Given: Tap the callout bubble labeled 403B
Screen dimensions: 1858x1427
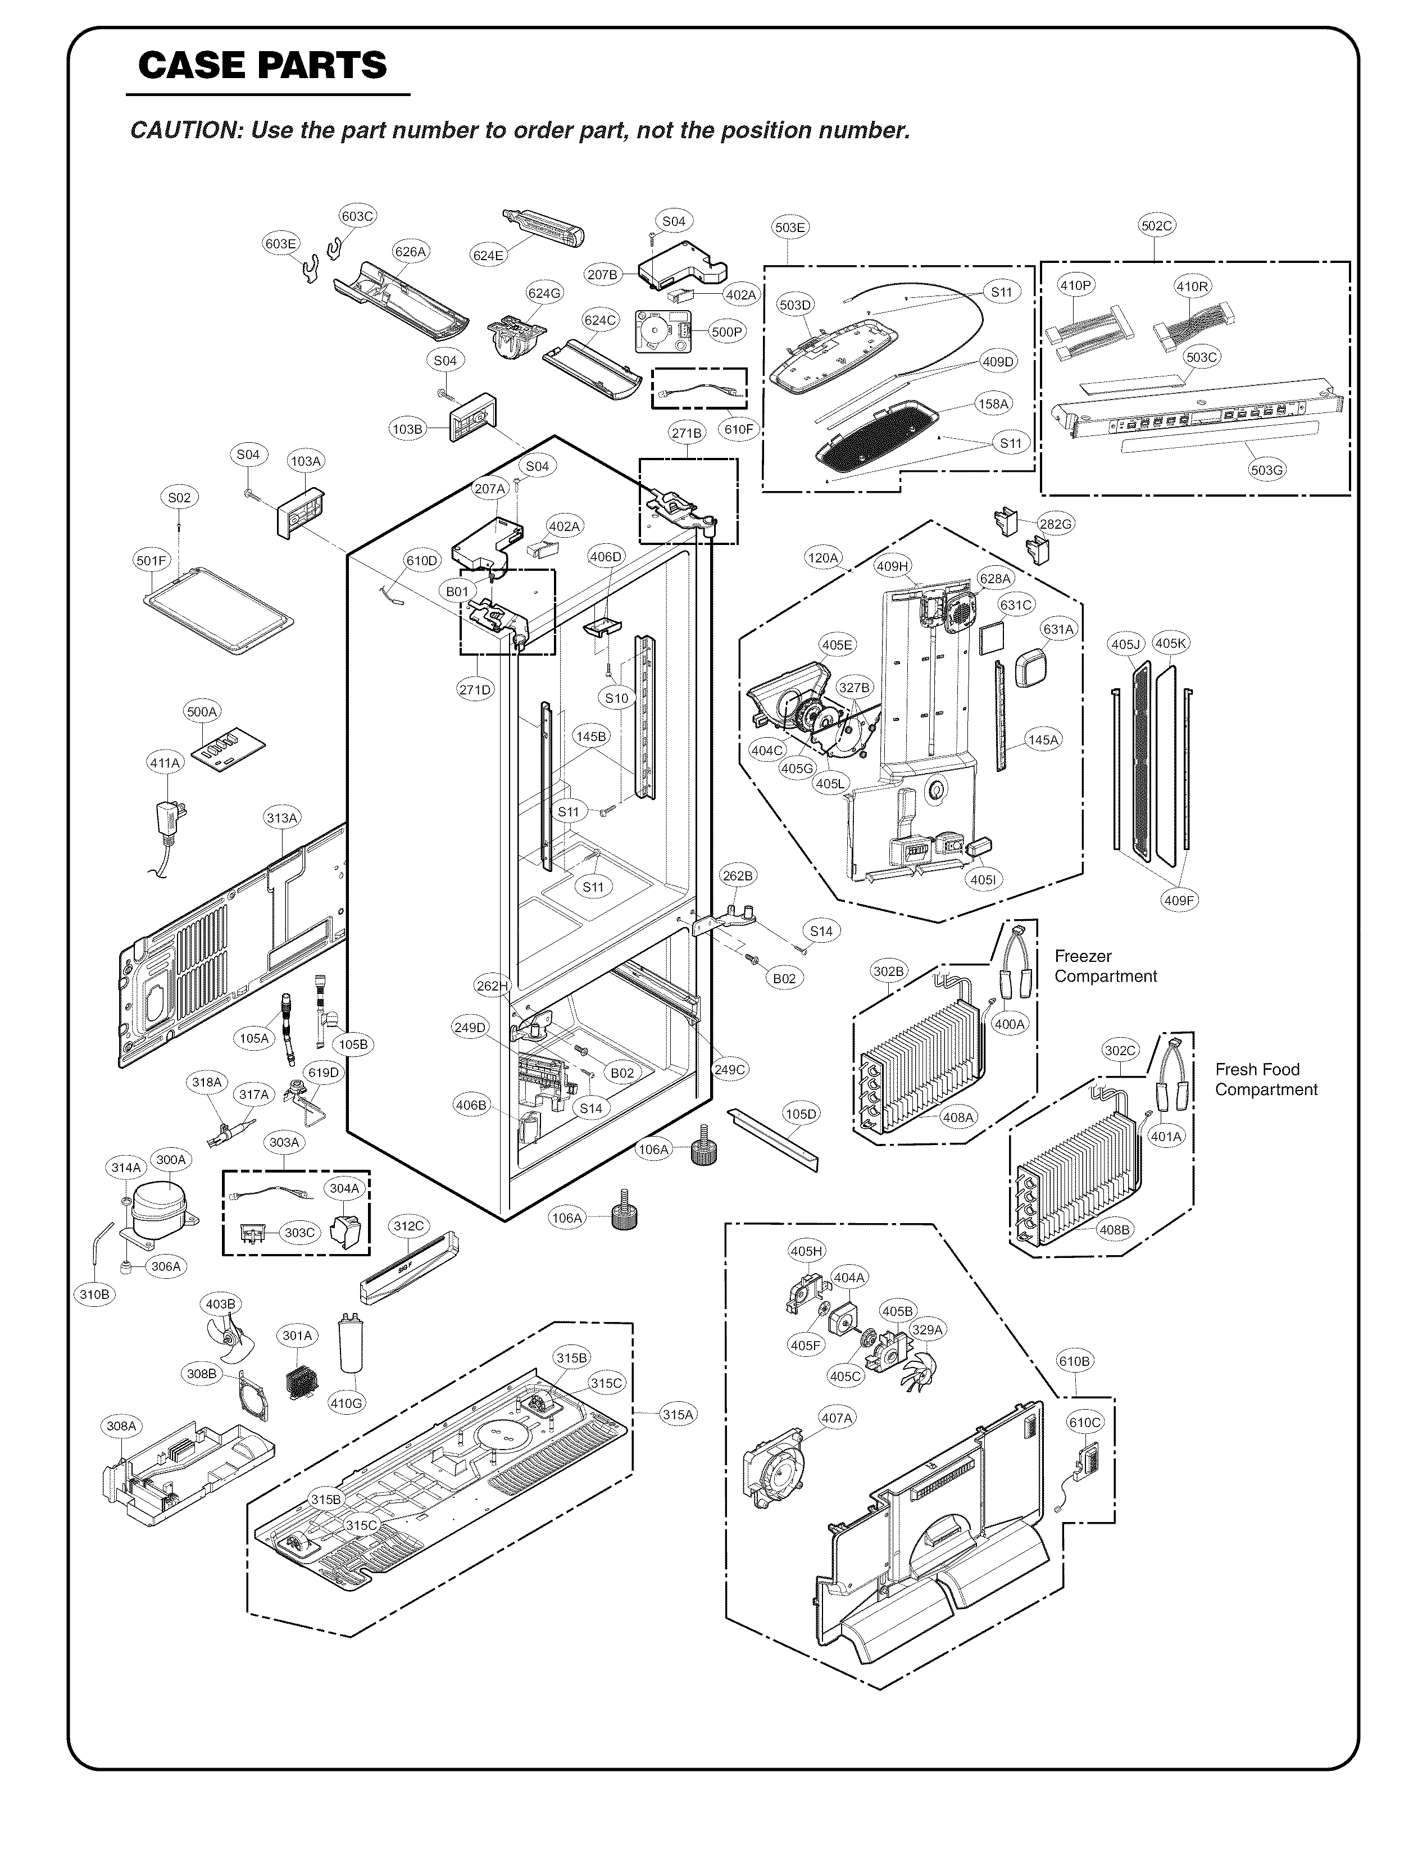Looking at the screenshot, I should pos(220,1303).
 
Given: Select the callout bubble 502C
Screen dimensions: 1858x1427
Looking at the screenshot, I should pos(1156,225).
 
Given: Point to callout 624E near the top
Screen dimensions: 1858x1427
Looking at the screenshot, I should pos(488,255).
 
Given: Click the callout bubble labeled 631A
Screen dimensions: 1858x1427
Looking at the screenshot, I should pos(1058,629).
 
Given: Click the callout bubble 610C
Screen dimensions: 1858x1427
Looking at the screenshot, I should pos(1085,1421).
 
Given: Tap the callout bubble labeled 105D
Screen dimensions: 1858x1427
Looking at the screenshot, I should pos(800,1113).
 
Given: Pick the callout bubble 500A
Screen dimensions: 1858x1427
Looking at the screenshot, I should pos(202,712).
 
